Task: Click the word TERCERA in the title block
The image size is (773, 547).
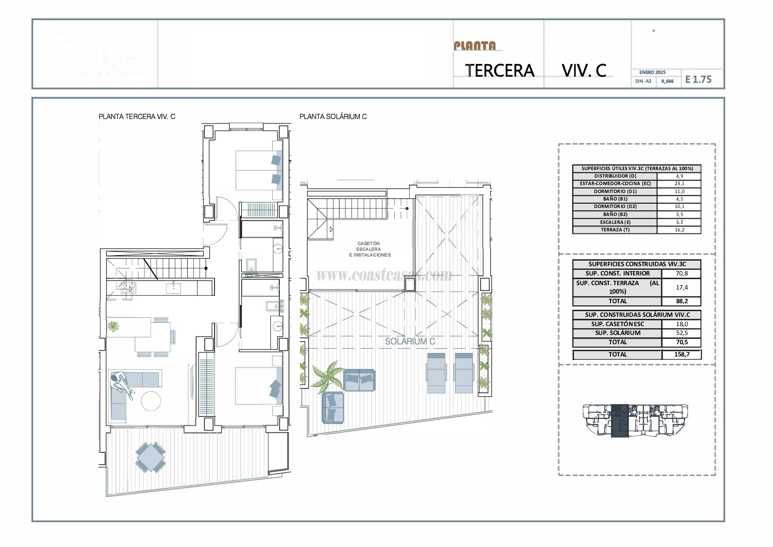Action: click(499, 71)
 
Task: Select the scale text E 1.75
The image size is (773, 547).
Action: click(699, 79)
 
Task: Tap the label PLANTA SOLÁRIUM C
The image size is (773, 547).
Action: click(333, 117)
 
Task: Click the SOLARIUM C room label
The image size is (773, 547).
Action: click(410, 341)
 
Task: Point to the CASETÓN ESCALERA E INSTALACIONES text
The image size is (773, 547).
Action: click(369, 249)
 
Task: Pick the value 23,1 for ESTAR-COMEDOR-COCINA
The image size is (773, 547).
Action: click(679, 183)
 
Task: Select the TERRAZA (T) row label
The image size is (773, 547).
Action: click(615, 230)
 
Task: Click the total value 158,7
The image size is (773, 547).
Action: click(681, 354)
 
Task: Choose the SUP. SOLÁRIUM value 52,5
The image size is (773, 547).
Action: click(681, 333)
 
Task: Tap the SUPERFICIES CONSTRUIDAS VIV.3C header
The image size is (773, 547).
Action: click(637, 264)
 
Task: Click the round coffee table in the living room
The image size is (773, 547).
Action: click(151, 401)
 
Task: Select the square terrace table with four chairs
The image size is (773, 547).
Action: click(151, 458)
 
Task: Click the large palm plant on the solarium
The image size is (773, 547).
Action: click(328, 376)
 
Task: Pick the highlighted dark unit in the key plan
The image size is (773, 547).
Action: click(620, 421)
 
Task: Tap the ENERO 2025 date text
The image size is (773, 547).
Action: click(652, 72)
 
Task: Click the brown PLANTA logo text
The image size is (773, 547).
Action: click(475, 46)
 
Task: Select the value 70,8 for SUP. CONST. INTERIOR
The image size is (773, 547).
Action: click(681, 273)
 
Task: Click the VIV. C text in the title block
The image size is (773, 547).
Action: click(584, 71)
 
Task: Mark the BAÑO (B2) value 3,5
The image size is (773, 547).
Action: click(679, 214)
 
